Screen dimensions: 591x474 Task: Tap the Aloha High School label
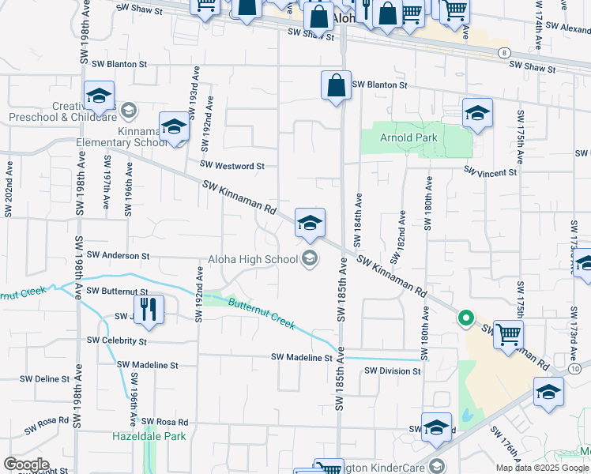pyautogui.click(x=253, y=259)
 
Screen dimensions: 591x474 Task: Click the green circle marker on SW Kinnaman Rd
pyautogui.click(x=466, y=318)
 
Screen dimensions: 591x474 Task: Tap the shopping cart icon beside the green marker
pyautogui.click(x=508, y=336)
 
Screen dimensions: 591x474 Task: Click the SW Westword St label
pyautogui.click(x=232, y=166)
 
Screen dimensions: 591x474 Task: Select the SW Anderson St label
pyautogui.click(x=119, y=256)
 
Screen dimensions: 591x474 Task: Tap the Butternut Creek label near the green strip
pyautogui.click(x=262, y=313)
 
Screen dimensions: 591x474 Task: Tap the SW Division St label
pyautogui.click(x=392, y=371)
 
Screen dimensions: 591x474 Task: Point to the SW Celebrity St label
pyautogui.click(x=117, y=340)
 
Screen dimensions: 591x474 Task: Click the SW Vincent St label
pyautogui.click(x=490, y=171)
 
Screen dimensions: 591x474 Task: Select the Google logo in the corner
pyautogui.click(x=26, y=465)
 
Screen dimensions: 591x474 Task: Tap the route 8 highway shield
pyautogui.click(x=503, y=52)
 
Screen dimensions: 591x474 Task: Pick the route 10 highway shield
pyautogui.click(x=574, y=369)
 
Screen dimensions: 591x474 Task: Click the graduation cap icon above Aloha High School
pyautogui.click(x=310, y=224)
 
